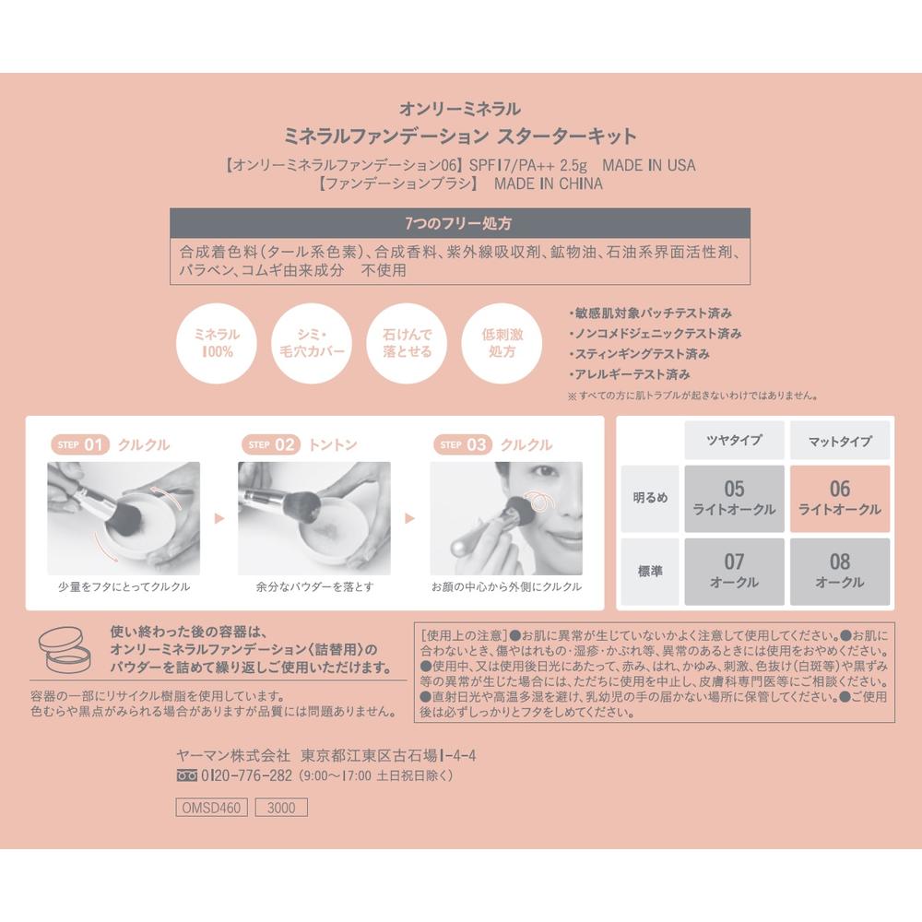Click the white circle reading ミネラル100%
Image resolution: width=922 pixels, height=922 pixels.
(x=217, y=343)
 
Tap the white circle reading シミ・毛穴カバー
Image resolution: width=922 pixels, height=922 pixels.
(x=312, y=343)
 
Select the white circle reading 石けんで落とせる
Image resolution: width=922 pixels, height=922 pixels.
(x=407, y=343)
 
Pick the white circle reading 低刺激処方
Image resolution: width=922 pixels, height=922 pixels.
(x=502, y=343)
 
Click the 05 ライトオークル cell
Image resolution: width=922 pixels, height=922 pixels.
(x=734, y=499)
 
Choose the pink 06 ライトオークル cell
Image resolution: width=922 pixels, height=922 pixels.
(x=840, y=499)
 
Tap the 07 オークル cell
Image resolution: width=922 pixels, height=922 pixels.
(x=734, y=572)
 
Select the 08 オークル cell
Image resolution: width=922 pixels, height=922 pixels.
(x=840, y=572)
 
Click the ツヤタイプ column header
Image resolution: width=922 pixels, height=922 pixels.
(x=734, y=440)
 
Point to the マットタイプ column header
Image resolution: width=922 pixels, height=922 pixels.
(x=840, y=440)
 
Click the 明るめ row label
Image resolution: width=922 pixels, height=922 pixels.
(x=650, y=499)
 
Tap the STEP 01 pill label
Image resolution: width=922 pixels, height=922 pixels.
(x=80, y=444)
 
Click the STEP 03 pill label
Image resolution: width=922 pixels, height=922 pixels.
(x=463, y=444)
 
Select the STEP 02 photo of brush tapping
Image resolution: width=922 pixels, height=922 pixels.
(x=314, y=518)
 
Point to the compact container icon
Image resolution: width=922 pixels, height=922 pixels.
(x=65, y=649)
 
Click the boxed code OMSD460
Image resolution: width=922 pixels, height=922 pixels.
(x=212, y=808)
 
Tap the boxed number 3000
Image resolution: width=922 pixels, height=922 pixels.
(x=281, y=808)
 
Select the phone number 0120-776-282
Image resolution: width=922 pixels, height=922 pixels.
(x=246, y=775)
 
